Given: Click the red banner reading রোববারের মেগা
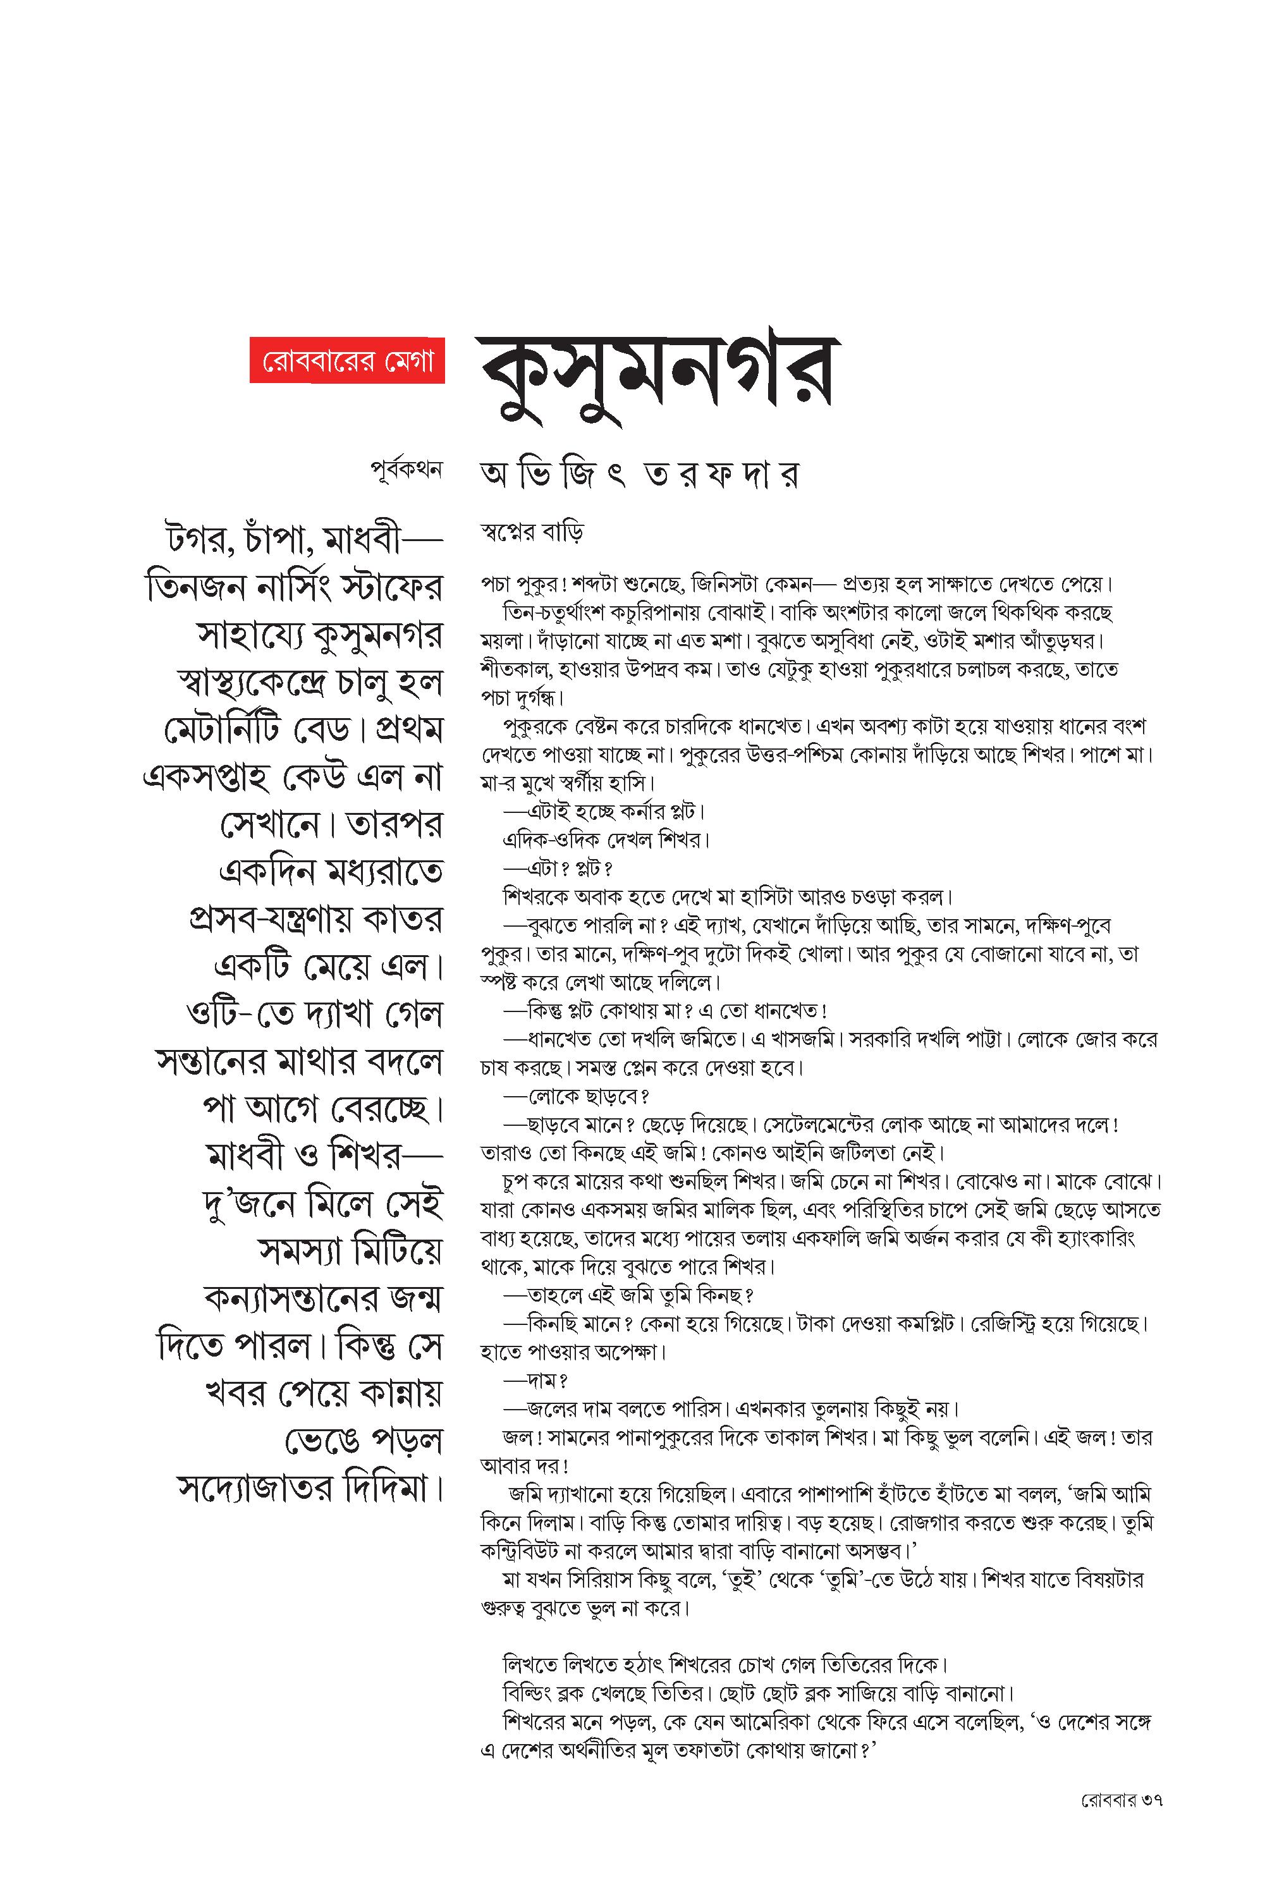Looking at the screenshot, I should click(x=346, y=360).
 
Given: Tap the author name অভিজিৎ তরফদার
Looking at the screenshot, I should click(x=639, y=475).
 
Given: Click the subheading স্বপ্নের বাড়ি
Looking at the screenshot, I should click(x=532, y=533).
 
